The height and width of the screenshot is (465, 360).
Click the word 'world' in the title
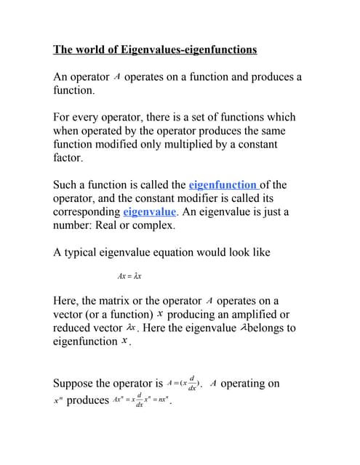[94, 49]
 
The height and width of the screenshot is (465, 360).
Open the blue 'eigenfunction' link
[222, 185]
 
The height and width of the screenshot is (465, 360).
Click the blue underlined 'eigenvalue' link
[149, 211]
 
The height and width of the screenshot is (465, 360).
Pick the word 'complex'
[151, 225]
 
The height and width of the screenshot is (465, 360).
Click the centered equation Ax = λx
[129, 277]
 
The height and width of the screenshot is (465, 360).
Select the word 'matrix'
[128, 301]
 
